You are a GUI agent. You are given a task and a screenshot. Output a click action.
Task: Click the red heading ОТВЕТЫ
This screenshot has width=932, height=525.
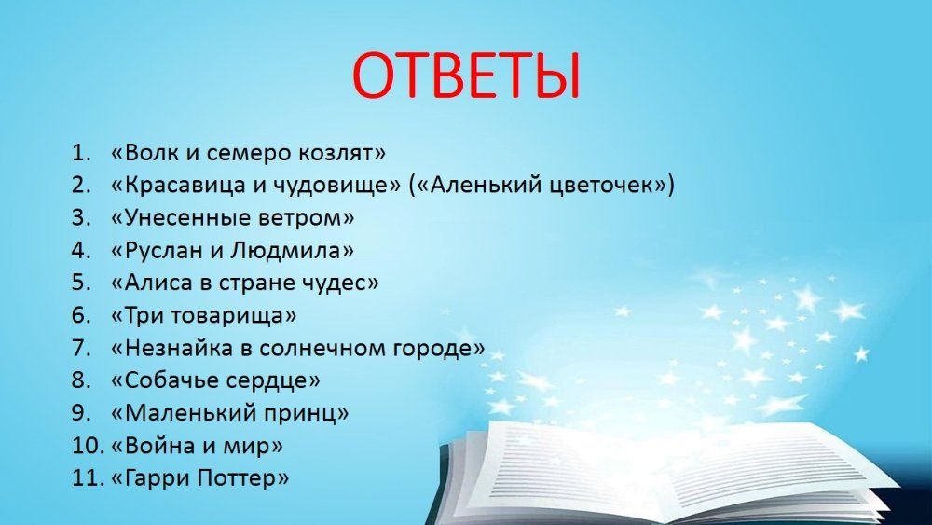pos(465,76)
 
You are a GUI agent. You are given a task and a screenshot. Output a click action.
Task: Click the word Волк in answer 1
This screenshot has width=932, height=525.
pos(151,153)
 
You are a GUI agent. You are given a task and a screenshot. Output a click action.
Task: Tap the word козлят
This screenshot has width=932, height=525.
pos(336,154)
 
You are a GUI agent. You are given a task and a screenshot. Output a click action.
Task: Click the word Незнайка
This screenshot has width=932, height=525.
pos(178,347)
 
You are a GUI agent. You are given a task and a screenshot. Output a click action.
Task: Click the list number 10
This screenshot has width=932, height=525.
pos(89,446)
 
